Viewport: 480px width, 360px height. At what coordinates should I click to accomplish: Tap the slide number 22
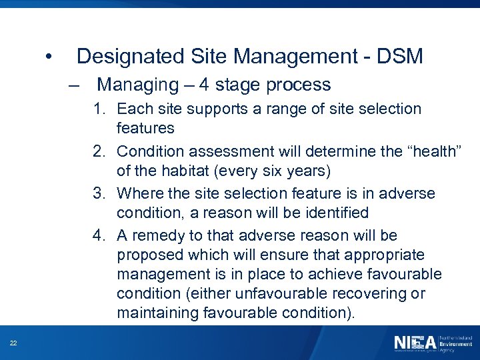(13, 343)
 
